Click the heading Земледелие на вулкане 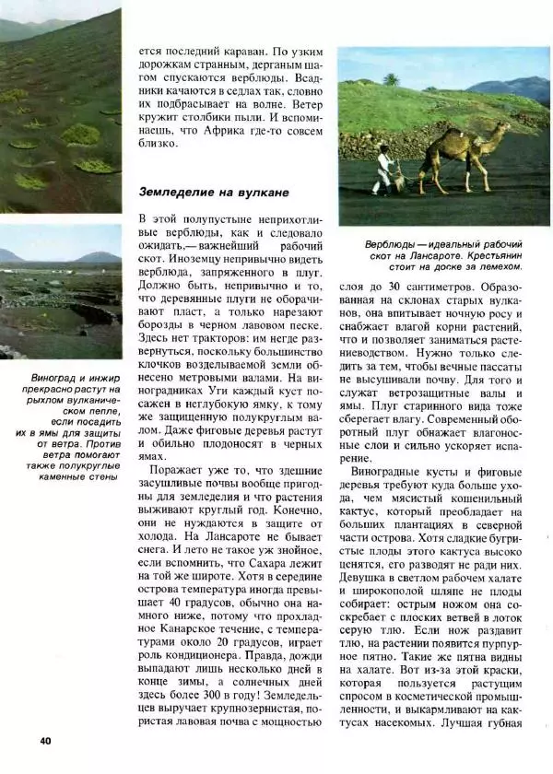pos(214,193)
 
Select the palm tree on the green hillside pos(391,80)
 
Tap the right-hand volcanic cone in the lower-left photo pos(98,256)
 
